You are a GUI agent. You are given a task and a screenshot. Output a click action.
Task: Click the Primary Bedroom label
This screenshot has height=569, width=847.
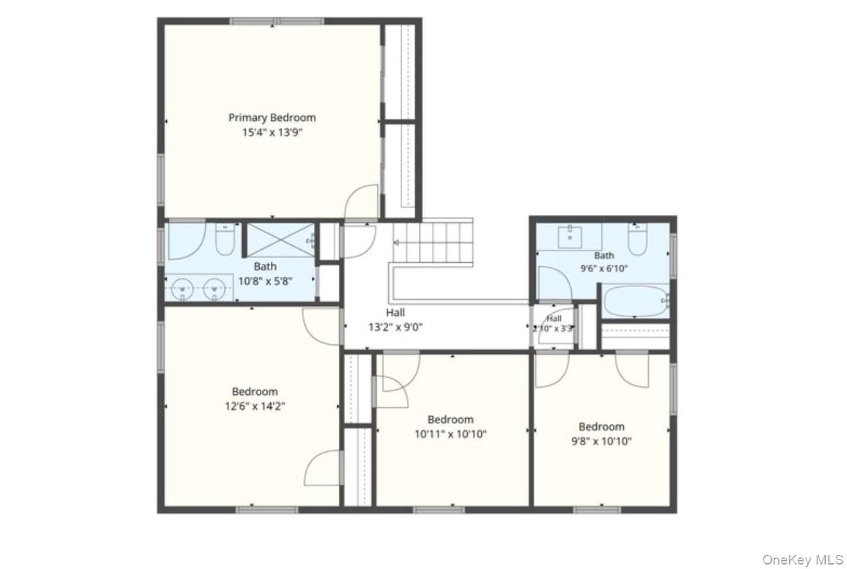272,118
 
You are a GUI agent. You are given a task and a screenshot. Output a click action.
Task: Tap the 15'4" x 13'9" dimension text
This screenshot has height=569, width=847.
272,132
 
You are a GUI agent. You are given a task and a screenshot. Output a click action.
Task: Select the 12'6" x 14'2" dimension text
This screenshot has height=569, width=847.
255,407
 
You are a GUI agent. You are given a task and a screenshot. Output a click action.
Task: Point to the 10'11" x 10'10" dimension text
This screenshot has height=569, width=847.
450,434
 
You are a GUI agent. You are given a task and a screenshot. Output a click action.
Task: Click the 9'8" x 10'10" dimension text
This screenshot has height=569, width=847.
601,441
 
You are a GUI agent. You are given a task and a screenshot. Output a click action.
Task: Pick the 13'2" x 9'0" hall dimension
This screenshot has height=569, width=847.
395,327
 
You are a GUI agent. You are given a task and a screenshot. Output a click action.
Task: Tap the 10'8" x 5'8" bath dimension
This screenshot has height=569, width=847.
265,281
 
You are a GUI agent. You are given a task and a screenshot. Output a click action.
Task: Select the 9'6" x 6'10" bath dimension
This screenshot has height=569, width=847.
604,268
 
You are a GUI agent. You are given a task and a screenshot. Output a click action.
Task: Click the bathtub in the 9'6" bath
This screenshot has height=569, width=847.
637,301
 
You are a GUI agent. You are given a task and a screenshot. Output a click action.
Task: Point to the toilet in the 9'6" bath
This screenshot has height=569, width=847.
638,239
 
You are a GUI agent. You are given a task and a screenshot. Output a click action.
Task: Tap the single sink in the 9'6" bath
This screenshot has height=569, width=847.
570,236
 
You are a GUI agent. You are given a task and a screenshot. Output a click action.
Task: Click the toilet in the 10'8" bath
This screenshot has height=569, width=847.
225,239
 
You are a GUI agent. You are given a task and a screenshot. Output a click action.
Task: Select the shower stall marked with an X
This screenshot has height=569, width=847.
280,240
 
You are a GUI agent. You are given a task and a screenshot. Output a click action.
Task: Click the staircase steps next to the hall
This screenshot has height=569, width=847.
433,242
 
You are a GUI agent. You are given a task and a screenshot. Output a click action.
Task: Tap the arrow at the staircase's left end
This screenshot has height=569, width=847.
397,243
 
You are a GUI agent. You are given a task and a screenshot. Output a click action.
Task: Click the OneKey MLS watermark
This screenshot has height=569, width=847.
802,559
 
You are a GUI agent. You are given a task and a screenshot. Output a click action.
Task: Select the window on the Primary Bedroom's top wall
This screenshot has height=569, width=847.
277,21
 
